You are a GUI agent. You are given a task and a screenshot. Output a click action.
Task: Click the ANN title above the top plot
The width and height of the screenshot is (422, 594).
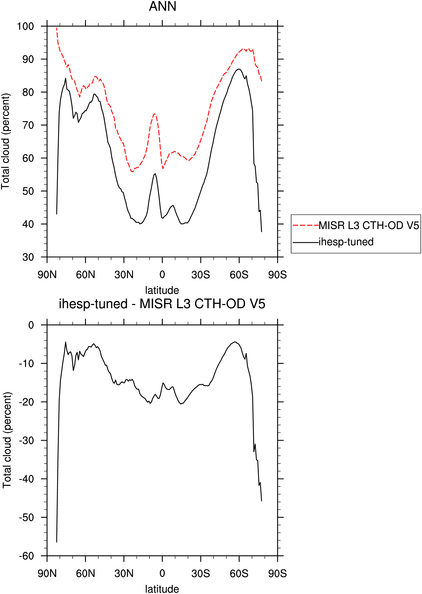[162, 6]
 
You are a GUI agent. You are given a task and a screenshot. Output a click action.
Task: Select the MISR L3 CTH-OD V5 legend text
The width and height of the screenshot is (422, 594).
[369, 225]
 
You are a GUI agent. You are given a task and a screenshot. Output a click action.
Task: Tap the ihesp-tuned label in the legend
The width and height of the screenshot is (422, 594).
[346, 242]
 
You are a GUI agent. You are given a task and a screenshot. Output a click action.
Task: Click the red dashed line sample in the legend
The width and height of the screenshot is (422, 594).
[306, 225]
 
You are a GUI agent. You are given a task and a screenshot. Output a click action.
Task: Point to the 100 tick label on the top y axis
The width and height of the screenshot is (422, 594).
[25, 26]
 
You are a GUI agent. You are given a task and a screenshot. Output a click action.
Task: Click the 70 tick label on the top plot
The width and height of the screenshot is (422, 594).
[28, 125]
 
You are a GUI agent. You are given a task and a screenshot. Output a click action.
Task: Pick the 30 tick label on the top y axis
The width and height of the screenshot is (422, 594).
[28, 257]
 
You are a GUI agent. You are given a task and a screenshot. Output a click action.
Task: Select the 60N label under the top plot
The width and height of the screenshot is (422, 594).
[85, 275]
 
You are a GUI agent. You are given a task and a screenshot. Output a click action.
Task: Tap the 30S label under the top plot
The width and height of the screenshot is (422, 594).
[201, 275]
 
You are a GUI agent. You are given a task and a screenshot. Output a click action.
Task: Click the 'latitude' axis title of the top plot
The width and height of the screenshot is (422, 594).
[162, 290]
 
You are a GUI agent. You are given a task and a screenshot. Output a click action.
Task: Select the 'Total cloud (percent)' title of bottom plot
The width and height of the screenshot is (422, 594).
[7, 440]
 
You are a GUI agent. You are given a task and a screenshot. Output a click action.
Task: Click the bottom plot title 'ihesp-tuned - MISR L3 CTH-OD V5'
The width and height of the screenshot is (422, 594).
[162, 304]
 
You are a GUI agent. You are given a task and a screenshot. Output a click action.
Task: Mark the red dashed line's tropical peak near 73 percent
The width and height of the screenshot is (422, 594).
[154, 114]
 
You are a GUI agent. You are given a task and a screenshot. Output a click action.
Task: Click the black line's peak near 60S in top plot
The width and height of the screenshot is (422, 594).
[239, 69]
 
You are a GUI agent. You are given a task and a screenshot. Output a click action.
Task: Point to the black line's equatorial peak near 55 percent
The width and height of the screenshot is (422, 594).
[155, 174]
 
